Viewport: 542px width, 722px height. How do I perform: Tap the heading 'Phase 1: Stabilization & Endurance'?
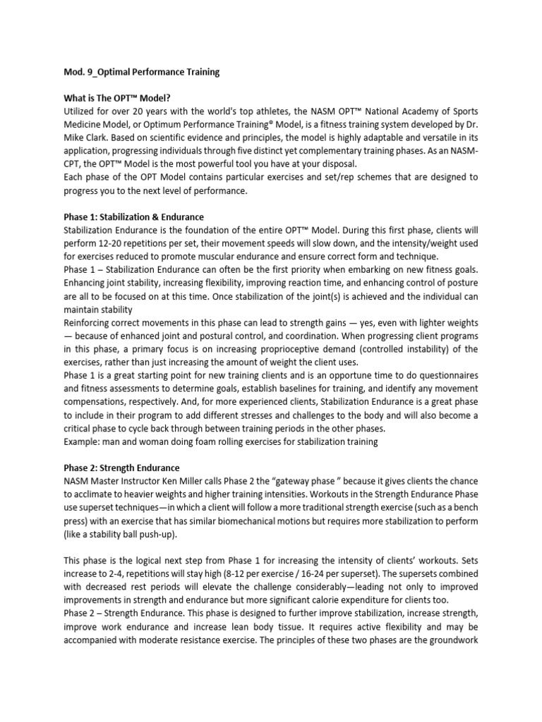point(133,216)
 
